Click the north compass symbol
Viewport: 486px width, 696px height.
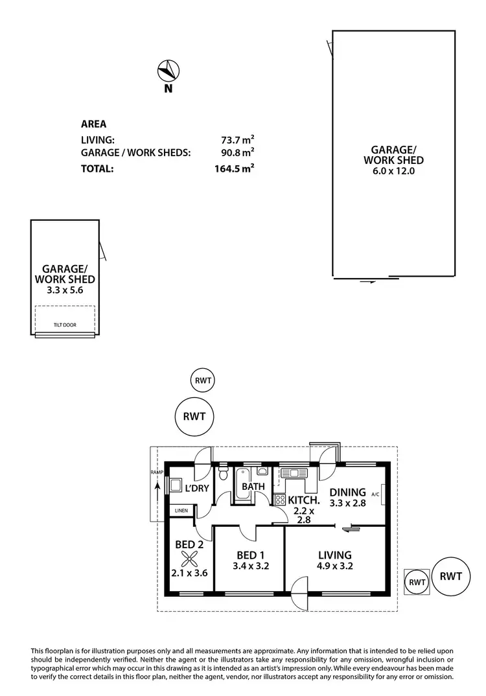tap(168, 69)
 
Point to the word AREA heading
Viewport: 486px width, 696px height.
tap(93, 124)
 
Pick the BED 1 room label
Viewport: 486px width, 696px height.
tap(249, 555)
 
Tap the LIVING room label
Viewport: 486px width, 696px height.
tap(334, 555)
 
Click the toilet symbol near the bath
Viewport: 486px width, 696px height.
tap(224, 474)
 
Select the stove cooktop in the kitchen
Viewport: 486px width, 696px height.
tap(280, 499)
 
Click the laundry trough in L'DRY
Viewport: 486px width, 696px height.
tap(176, 485)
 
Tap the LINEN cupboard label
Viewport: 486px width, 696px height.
tap(180, 511)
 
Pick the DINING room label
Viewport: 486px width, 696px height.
tap(347, 492)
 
